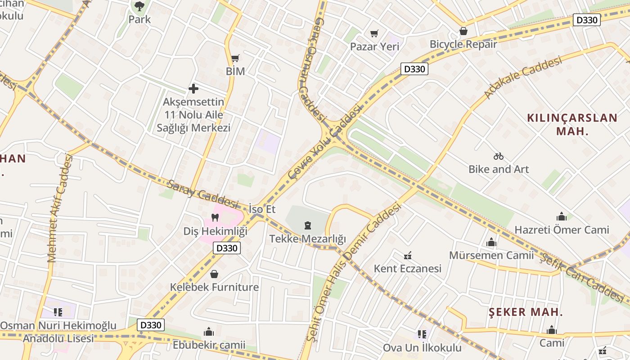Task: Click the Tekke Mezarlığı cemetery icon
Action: click(308, 225)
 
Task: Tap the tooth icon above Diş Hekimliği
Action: click(215, 218)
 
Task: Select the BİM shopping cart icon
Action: click(235, 58)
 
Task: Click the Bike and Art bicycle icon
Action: click(498, 156)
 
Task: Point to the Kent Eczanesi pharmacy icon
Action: click(408, 256)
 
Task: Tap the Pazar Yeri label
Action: click(374, 47)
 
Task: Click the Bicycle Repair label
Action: click(463, 44)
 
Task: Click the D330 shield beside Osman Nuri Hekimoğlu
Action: click(150, 325)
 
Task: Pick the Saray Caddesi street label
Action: click(202, 194)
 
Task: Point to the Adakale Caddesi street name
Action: click(523, 77)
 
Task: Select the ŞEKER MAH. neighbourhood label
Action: click(526, 312)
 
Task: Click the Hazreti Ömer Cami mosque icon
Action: click(561, 216)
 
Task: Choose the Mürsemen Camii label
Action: click(491, 256)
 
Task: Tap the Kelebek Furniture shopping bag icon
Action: click(214, 274)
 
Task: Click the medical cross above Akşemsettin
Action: click(193, 89)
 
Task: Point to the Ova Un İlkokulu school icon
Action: click(422, 334)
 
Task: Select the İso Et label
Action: click(262, 209)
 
